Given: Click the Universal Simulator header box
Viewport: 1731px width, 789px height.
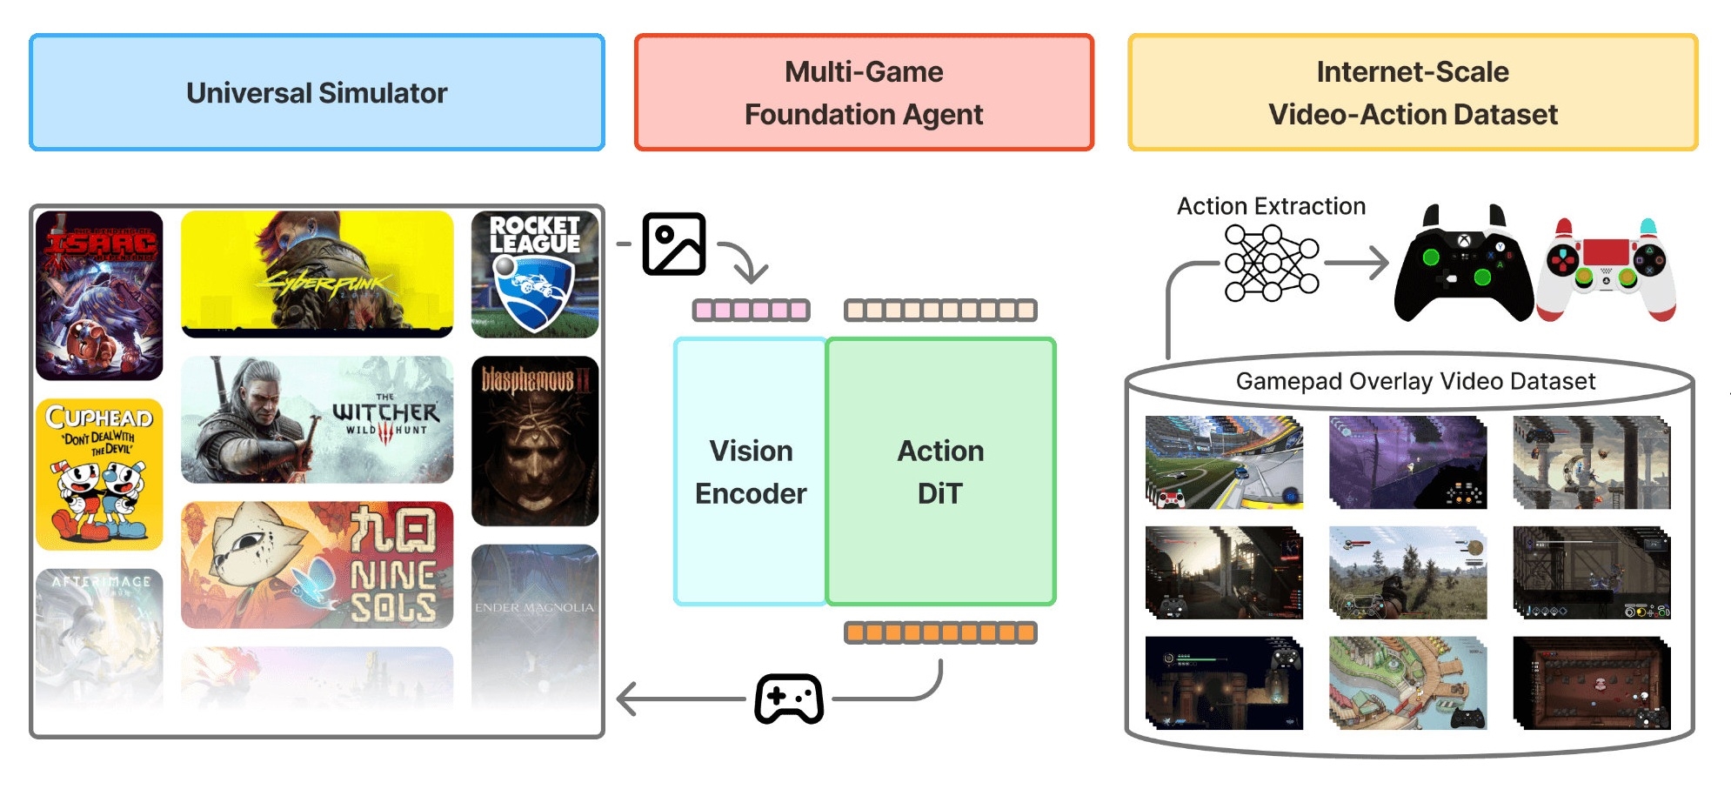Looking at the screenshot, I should pyautogui.click(x=317, y=92).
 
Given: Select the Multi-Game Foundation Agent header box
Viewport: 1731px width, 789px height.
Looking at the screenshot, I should pyautogui.click(x=864, y=92).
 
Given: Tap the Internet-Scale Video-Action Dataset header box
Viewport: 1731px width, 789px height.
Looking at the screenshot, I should pyautogui.click(x=1413, y=92).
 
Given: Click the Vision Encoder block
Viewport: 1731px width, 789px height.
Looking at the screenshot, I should pyautogui.click(x=751, y=471).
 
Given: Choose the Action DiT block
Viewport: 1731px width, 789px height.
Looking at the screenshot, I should pyautogui.click(x=940, y=471).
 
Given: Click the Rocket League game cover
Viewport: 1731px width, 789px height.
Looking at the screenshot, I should pyautogui.click(x=535, y=274).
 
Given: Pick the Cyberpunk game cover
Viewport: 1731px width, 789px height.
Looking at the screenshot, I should pyautogui.click(x=317, y=274).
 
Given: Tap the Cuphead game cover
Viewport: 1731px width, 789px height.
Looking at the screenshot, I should pyautogui.click(x=99, y=474).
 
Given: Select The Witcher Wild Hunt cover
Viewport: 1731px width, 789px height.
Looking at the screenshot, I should pyautogui.click(x=317, y=419).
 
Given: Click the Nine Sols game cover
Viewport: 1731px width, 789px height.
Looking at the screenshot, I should pyautogui.click(x=317, y=565).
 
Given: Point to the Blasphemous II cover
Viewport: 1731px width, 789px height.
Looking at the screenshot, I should pyautogui.click(x=535, y=441).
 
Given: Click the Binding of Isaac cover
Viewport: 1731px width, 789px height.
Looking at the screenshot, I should pyautogui.click(x=99, y=296).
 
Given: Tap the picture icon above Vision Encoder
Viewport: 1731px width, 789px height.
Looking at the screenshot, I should pyautogui.click(x=674, y=244).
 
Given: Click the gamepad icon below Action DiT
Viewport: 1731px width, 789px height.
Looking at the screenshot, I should pyautogui.click(x=789, y=698).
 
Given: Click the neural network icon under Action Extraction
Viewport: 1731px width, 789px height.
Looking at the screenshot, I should pyautogui.click(x=1271, y=263).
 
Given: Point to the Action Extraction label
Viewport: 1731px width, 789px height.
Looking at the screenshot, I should pyautogui.click(x=1271, y=206).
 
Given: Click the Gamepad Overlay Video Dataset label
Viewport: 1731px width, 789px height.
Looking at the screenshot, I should pyautogui.click(x=1415, y=381).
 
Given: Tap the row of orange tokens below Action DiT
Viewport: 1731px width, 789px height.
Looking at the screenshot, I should pyautogui.click(x=940, y=632).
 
